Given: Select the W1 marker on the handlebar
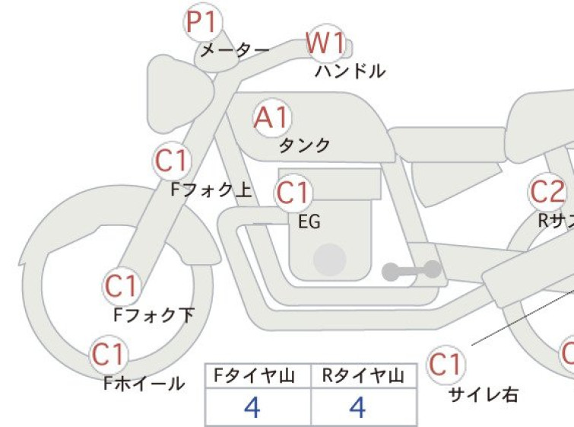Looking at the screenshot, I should click(325, 44).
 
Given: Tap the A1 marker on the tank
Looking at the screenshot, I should click(272, 118).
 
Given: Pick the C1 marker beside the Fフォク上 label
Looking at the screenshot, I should click(172, 161).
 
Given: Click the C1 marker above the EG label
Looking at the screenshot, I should click(293, 193).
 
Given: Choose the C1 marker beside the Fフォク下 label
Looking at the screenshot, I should click(122, 286).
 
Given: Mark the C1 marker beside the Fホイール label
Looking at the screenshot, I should click(109, 354).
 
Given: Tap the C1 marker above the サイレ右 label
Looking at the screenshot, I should click(445, 365).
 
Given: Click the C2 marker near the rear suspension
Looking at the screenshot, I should click(548, 193).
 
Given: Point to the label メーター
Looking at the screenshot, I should click(234, 51).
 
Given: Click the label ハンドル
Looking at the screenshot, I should click(350, 72).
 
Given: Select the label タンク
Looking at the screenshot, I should click(305, 144).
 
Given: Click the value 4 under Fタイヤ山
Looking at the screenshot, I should click(252, 408).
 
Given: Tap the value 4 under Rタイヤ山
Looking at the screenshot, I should click(357, 408).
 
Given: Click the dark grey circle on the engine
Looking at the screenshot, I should click(329, 260).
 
